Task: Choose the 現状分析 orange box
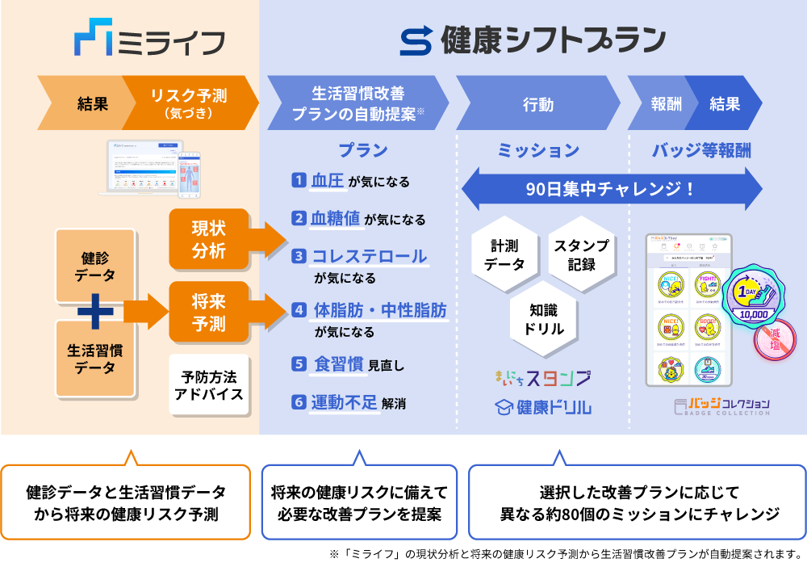point(209,239)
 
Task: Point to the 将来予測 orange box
point(209,312)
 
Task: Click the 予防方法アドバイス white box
point(209,384)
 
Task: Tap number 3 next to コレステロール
point(299,256)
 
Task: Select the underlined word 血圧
point(328,181)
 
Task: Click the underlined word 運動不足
point(345,401)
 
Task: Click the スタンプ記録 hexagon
point(581,254)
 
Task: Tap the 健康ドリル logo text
point(542,406)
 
